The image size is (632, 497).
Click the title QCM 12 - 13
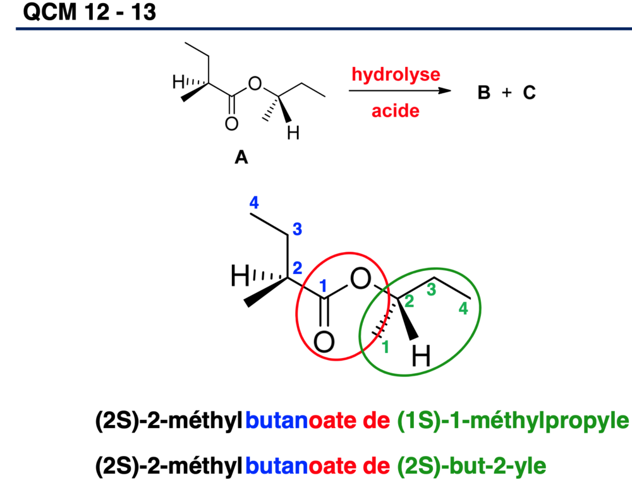click(90, 11)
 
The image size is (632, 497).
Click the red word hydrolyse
click(396, 75)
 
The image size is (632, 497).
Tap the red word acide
click(396, 111)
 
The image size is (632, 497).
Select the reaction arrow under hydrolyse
click(400, 90)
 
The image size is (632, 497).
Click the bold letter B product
click(484, 93)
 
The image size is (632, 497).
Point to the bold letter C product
click(529, 93)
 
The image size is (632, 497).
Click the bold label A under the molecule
click(241, 157)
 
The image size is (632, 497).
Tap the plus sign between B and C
click(507, 93)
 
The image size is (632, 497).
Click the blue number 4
click(254, 202)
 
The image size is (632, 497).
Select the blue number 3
click(297, 229)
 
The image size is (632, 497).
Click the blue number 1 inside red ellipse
click(323, 285)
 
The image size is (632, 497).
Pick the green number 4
click(463, 309)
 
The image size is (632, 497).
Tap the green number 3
click(431, 290)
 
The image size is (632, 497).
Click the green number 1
click(386, 347)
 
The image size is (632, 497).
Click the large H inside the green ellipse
click(421, 356)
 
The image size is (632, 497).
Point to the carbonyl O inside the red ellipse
click(324, 342)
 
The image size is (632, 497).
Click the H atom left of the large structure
click(240, 276)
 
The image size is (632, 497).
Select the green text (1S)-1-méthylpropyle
click(513, 421)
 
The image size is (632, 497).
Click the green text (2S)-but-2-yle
click(471, 466)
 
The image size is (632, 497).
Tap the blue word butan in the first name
click(277, 421)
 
